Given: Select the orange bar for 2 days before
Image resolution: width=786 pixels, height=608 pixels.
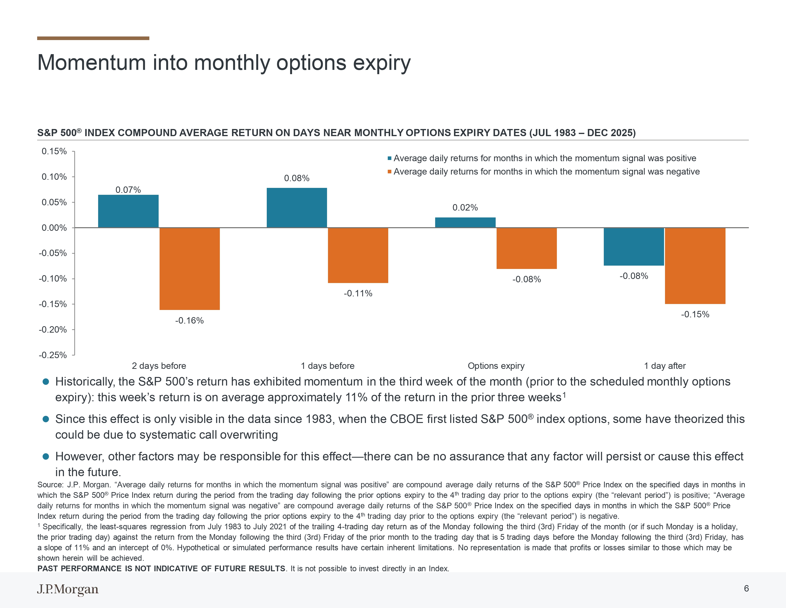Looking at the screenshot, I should pos(189,269).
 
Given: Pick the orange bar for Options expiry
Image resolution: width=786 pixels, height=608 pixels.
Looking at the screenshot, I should pos(527,248).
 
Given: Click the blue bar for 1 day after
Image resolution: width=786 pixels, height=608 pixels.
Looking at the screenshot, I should pos(634,247).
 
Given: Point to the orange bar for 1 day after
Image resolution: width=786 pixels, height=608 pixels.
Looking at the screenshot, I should pos(695,266).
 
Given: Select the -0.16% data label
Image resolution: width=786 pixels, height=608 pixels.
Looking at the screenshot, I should pos(189,320).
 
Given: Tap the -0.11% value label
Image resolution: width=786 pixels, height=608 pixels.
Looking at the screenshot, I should pos(358,294).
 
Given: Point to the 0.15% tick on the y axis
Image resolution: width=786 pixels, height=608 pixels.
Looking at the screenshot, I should pos(54,151).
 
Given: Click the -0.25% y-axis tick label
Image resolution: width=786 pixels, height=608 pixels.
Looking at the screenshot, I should pos(53,355).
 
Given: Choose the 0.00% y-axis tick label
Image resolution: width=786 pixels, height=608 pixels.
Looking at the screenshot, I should pos(54,228).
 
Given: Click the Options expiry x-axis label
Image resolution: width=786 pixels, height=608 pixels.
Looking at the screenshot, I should pos(496,366).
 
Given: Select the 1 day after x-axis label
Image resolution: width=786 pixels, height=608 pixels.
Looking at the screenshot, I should pos(665,366).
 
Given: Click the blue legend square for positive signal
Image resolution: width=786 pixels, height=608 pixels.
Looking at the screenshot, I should pos(389,159).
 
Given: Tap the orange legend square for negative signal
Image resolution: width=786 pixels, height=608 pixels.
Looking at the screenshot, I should pos(389,172).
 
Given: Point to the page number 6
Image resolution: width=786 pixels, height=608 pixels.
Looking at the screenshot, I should pos(746,588).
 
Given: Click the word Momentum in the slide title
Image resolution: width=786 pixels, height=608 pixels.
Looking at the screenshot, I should pos(91,63).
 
